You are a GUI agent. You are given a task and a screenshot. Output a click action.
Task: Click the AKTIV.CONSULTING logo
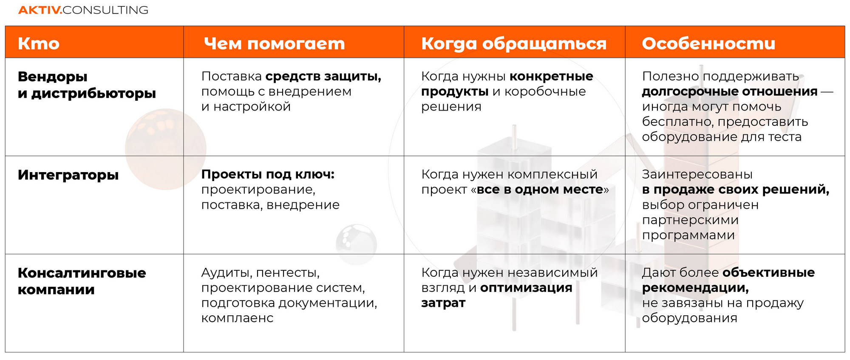(83, 10)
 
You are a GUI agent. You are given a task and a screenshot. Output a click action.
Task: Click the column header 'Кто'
(39, 43)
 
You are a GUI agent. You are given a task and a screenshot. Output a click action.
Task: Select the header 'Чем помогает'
(275, 43)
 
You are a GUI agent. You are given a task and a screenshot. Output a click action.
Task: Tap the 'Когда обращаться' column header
(514, 44)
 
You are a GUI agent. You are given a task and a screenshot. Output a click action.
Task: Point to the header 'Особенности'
(708, 43)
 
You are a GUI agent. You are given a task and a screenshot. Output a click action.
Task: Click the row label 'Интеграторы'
(68, 175)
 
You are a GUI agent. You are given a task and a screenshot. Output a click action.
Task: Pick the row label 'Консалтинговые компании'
(82, 281)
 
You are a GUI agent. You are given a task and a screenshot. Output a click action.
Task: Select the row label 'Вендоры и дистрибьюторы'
(87, 85)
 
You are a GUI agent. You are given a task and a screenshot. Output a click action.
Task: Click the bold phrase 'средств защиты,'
(323, 77)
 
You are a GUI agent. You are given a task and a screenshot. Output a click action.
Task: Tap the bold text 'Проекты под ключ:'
(268, 174)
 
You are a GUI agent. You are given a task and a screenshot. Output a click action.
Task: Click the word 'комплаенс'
(237, 318)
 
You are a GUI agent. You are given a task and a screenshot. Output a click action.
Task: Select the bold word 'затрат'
(443, 303)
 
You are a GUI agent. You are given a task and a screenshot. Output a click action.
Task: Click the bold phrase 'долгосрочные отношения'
(730, 92)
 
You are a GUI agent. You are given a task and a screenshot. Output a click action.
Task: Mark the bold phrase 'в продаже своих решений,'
(736, 190)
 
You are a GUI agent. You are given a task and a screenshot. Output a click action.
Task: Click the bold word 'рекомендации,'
(695, 288)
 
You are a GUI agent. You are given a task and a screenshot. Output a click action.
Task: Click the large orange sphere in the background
(166, 149)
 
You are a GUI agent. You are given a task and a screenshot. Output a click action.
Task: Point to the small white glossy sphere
(356, 244)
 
